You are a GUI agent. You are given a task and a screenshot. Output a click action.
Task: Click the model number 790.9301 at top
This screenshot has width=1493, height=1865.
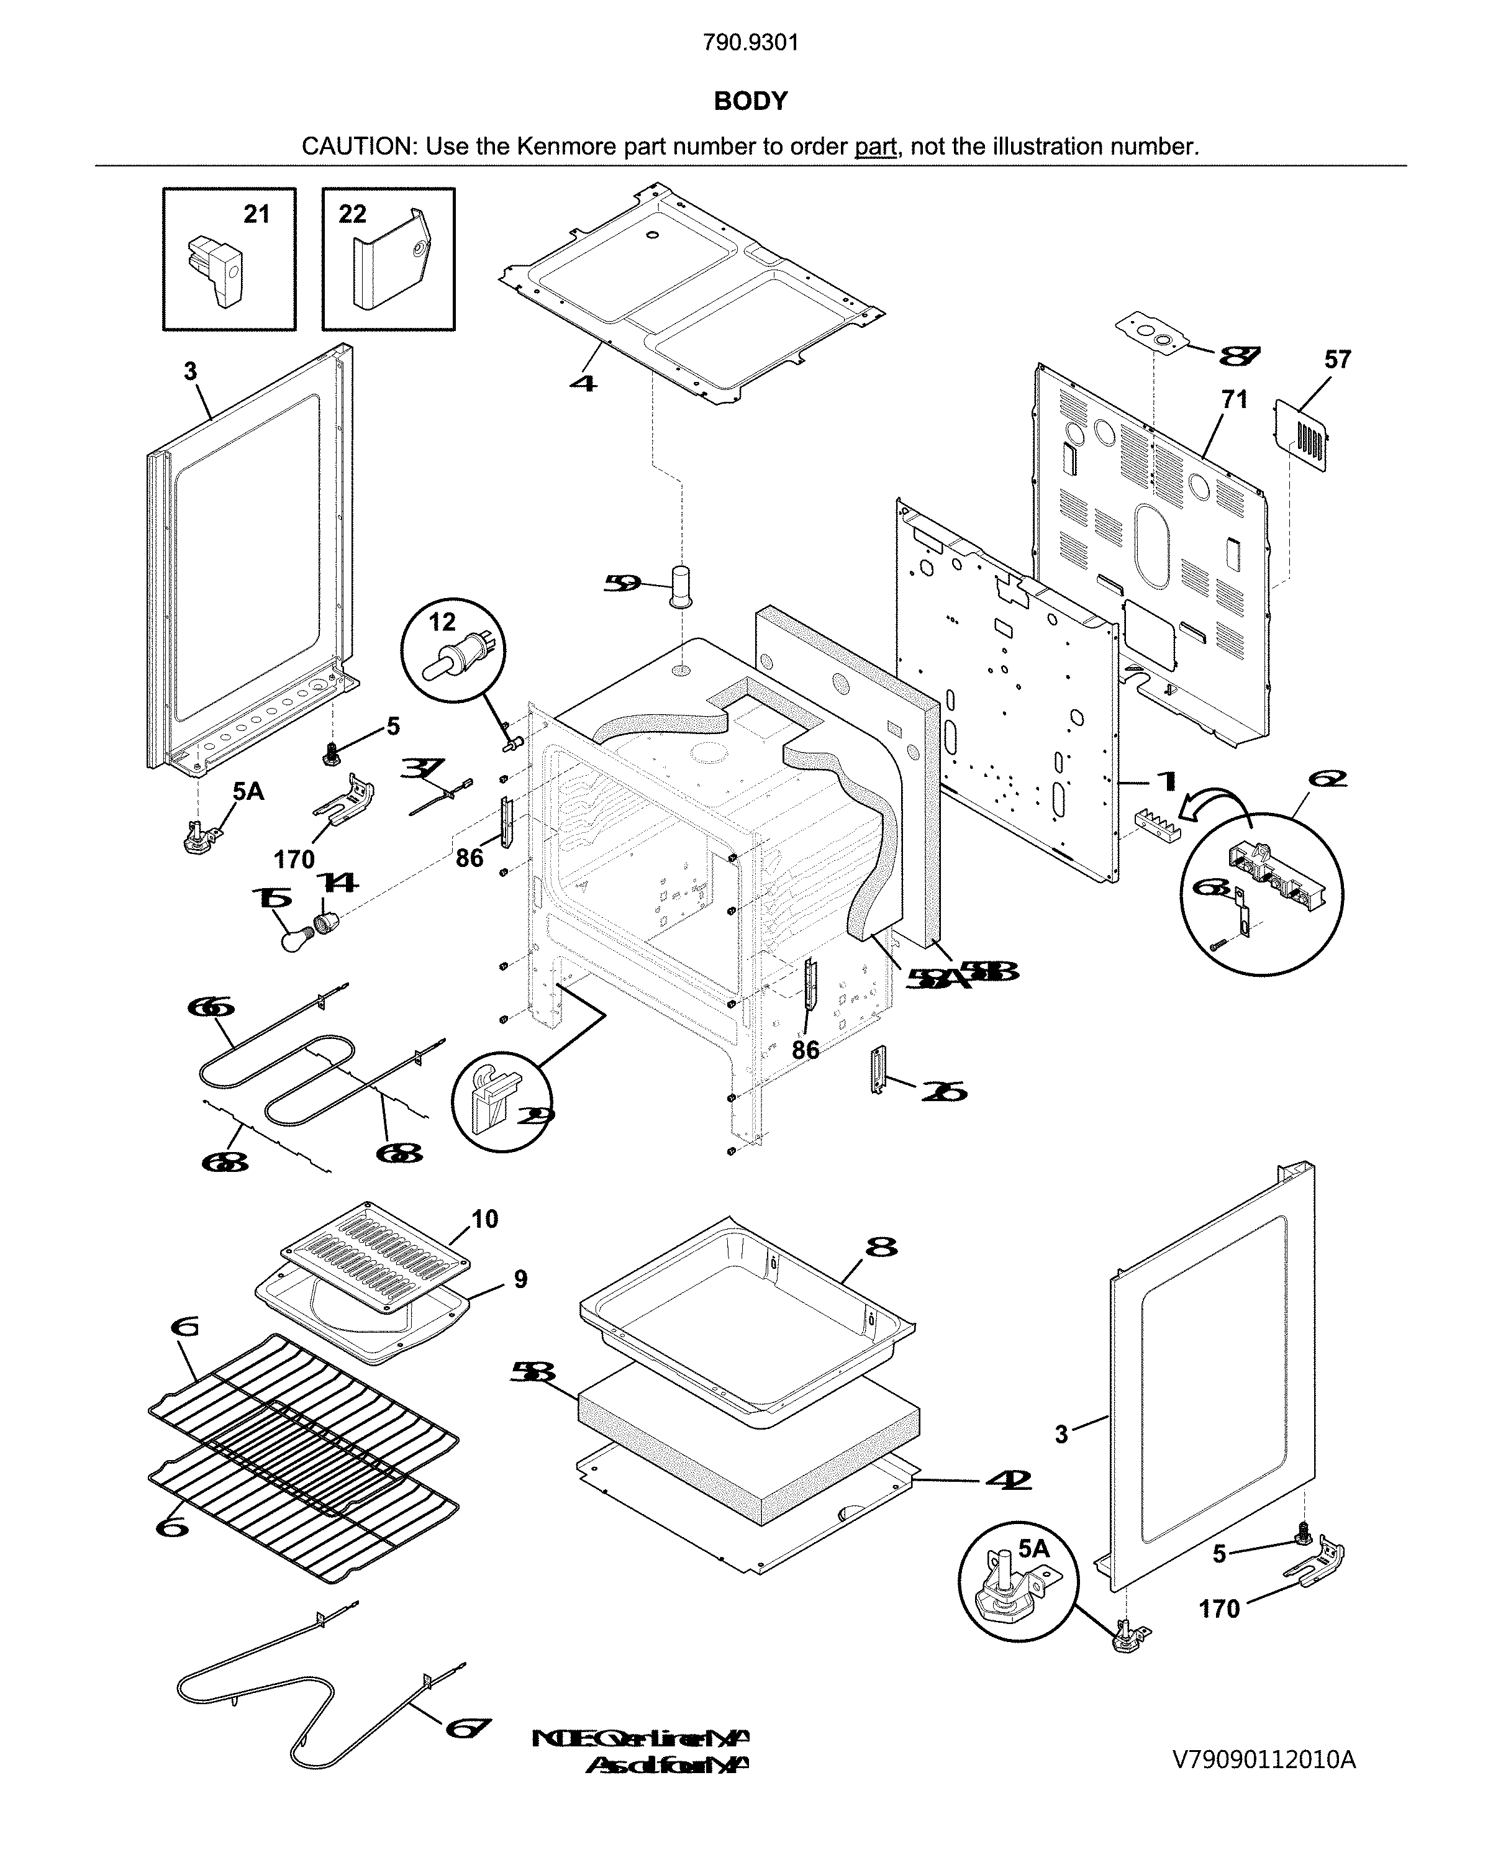pos(750,42)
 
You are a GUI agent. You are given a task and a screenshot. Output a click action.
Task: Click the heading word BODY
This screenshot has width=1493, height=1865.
pos(750,101)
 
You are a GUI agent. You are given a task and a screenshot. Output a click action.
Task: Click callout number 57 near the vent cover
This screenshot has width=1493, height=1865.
pos(1337,359)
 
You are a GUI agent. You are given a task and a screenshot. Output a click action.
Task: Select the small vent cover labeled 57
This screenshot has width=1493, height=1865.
pos(1302,436)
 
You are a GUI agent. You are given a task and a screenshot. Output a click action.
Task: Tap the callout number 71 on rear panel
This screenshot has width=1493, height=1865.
pos(1235,400)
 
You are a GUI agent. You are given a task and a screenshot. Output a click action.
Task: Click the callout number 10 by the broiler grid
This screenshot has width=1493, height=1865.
pos(484,1219)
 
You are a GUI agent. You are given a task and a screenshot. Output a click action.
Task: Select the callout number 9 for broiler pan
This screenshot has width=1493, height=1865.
pos(520,1279)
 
